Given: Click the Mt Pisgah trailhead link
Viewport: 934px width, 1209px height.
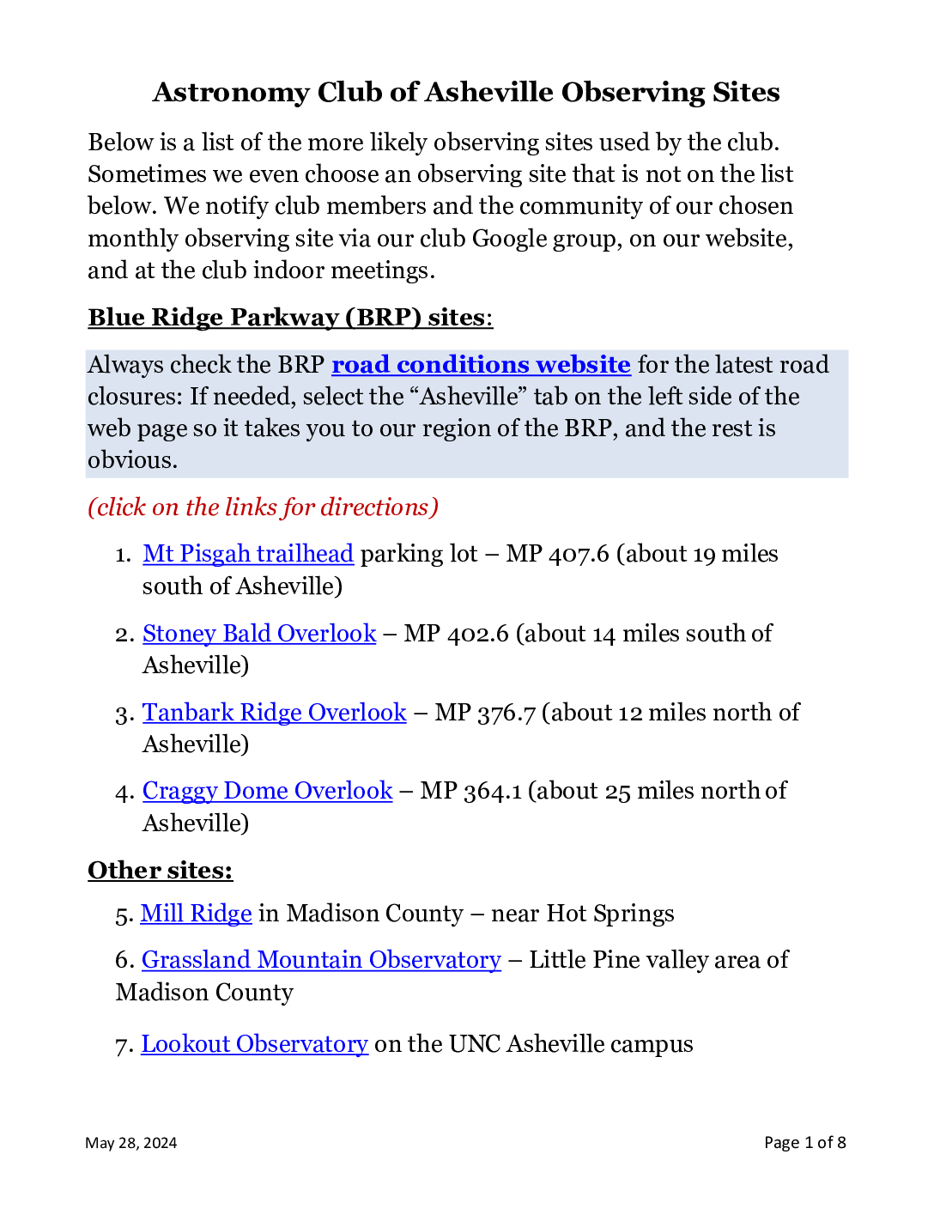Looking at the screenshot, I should point(248,554).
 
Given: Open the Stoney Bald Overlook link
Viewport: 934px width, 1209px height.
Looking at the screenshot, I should point(259,634).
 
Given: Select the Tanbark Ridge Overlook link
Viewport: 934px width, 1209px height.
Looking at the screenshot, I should point(275,713).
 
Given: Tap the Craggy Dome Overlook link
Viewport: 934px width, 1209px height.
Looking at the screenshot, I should point(267,791).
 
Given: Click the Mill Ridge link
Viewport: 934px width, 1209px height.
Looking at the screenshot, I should point(197,914).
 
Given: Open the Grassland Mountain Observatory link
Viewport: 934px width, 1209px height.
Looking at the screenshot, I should point(321,960).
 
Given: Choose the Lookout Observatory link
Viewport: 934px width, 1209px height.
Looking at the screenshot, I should point(255,1044).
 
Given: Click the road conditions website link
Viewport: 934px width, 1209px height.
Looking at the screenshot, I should point(481,365).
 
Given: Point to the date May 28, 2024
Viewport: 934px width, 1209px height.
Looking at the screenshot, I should point(131,1143).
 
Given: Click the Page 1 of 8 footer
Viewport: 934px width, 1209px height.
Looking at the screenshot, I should point(804,1143).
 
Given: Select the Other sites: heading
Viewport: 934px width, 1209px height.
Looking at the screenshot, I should point(160,871).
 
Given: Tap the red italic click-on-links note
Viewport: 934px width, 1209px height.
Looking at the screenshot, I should point(263,507).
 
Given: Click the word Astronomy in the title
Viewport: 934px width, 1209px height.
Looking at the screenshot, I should point(231,93).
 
